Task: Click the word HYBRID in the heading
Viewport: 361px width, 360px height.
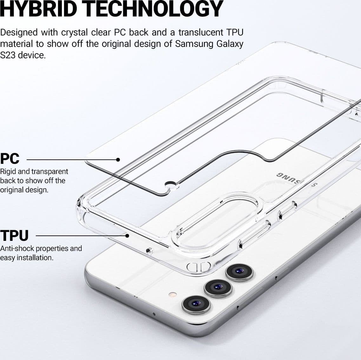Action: pyautogui.click(x=38, y=9)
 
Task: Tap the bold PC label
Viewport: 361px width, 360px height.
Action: pyautogui.click(x=10, y=159)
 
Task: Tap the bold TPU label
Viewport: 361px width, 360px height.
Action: pyautogui.click(x=14, y=235)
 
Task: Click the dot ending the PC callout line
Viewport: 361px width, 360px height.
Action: pyautogui.click(x=118, y=160)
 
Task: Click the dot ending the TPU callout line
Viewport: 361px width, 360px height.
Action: pyautogui.click(x=127, y=235)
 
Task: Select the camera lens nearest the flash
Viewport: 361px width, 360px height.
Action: pyautogui.click(x=196, y=305)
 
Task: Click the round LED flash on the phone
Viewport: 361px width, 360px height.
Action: pyautogui.click(x=173, y=294)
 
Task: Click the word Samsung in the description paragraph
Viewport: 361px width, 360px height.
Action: pyautogui.click(x=194, y=44)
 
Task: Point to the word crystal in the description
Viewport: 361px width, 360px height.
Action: pyautogui.click(x=74, y=32)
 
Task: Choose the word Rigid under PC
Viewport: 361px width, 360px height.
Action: pyautogui.click(x=8, y=172)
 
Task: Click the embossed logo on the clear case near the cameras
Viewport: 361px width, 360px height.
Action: pyautogui.click(x=199, y=267)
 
